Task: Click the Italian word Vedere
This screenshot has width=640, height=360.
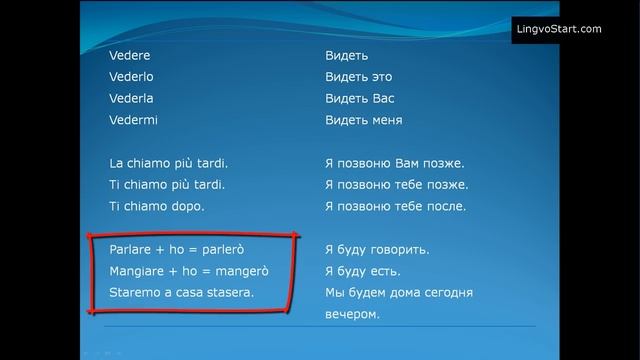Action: pos(130,56)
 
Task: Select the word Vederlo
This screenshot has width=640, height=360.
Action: pos(132,77)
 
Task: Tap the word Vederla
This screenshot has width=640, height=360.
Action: pos(132,99)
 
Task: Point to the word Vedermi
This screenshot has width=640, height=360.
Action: pos(133,120)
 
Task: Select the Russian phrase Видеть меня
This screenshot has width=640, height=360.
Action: pos(364,120)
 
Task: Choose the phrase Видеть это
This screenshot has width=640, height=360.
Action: pos(359,77)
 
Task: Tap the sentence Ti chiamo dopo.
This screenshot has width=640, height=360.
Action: pos(156,206)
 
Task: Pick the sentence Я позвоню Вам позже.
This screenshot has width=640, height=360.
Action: pos(395,163)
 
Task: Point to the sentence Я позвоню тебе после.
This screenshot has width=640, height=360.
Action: pos(396,206)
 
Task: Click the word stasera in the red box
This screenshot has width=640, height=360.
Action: pos(231,293)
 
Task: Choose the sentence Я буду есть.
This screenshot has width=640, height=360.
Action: pos(363,271)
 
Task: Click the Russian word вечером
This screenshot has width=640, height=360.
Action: pos(353,314)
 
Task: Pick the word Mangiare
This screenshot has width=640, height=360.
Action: pos(138,271)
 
